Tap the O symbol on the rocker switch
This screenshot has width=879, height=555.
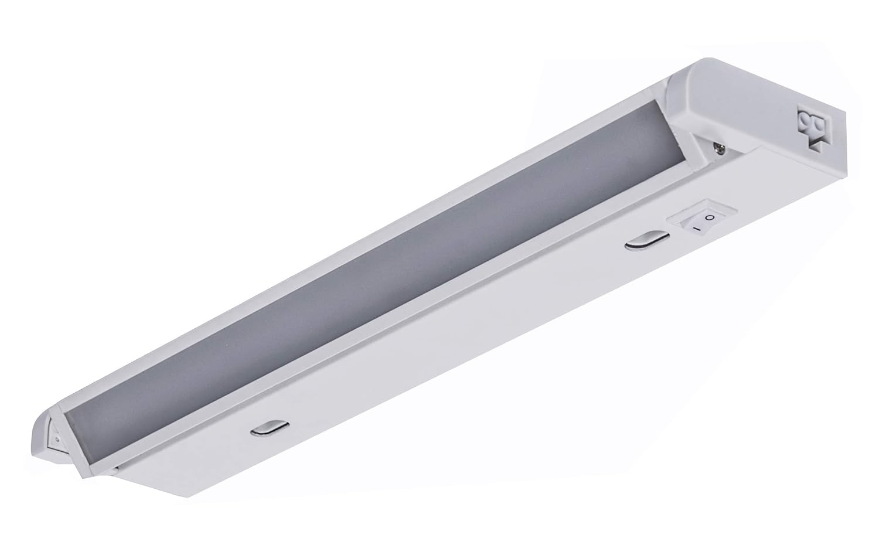[709, 217]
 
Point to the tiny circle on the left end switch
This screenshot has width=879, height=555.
[56, 438]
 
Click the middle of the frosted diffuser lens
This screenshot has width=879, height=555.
[375, 270]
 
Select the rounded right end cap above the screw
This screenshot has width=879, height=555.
[738, 111]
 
